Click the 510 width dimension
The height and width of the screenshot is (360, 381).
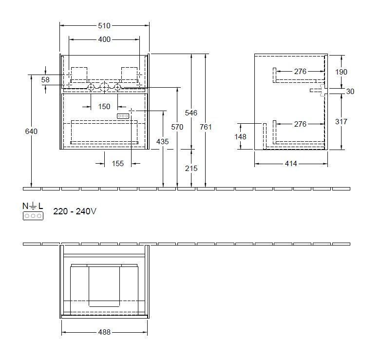104,26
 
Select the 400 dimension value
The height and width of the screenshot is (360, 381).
104,39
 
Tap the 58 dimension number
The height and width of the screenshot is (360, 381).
45,80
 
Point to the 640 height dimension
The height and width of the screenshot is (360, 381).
32,131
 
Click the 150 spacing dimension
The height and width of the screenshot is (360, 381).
104,106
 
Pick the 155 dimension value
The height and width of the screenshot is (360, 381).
117,164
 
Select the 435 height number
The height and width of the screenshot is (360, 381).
163,141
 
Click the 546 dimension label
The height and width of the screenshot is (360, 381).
191,113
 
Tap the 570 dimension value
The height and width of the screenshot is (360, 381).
177,127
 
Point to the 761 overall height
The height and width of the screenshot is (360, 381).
206,127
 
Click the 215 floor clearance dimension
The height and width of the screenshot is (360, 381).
191,168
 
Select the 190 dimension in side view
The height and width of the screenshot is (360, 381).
342,72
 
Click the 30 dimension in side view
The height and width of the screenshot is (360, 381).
350,91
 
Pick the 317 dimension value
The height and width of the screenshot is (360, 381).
342,122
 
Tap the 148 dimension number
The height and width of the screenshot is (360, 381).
241,137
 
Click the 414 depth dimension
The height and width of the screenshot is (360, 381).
291,164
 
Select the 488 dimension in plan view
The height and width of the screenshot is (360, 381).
104,332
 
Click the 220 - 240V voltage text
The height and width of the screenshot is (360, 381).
75,212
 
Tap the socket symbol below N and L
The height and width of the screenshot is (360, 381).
33,215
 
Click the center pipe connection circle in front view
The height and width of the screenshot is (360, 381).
104,88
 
